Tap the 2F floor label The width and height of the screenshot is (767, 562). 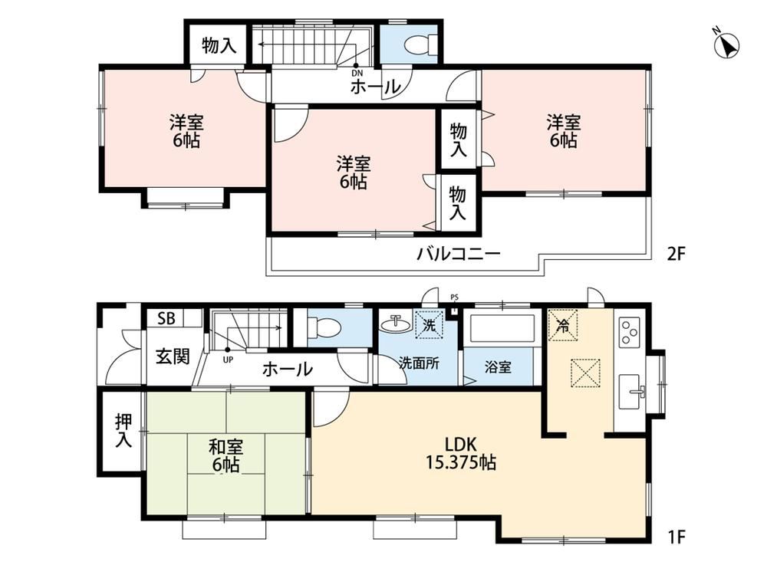[x=677, y=254]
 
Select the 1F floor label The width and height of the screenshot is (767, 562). [x=676, y=537]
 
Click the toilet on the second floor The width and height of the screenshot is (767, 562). [x=420, y=44]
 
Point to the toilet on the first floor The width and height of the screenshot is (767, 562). [x=324, y=327]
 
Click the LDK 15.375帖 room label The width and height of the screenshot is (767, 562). [x=461, y=453]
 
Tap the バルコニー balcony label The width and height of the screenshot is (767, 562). [x=459, y=254]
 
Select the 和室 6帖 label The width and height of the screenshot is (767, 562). [x=225, y=456]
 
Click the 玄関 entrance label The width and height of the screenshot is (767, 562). [x=173, y=356]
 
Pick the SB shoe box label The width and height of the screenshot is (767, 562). [x=166, y=319]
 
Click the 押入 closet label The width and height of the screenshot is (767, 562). [x=123, y=431]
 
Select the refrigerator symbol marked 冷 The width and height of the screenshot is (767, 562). [x=563, y=325]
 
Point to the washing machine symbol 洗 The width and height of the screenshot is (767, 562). [x=429, y=325]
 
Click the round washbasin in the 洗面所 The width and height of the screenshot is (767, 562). [x=395, y=324]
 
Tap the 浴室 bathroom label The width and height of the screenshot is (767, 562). [x=498, y=366]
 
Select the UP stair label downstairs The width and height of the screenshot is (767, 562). [x=228, y=360]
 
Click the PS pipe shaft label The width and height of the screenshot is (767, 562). [x=454, y=297]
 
